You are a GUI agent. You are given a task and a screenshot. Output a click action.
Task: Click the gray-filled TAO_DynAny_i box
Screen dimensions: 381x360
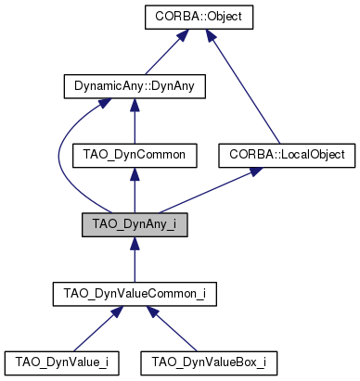click(x=135, y=225)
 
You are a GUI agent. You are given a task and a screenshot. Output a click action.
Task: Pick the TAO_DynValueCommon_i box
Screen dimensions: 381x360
click(x=135, y=295)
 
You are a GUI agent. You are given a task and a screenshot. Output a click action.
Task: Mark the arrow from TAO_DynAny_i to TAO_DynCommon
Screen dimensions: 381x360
click(x=134, y=192)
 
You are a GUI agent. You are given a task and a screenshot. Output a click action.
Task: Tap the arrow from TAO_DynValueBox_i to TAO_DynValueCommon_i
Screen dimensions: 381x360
click(x=173, y=330)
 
